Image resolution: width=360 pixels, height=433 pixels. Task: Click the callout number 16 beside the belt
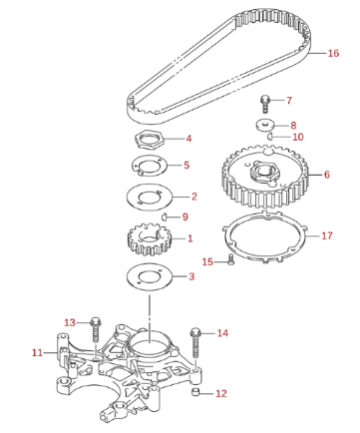point(333,53)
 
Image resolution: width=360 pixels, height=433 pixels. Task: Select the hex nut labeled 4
point(149,139)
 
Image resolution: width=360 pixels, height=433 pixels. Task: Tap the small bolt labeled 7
point(265,104)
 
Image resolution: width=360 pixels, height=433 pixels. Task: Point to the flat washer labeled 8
point(265,125)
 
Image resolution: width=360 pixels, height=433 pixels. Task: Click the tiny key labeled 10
point(270,136)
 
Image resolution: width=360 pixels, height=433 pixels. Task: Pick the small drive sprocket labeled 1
point(148,239)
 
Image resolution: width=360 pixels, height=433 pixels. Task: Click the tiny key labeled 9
point(164,216)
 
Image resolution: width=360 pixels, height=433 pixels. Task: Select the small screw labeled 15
point(231,259)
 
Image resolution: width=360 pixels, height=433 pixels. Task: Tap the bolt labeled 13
point(96,329)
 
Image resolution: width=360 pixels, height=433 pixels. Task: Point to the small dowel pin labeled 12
point(196,392)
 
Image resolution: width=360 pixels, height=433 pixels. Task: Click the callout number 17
point(327,235)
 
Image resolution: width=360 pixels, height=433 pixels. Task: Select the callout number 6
point(327,175)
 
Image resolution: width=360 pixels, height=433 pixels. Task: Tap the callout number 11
point(37,352)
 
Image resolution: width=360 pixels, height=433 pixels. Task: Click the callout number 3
point(191,276)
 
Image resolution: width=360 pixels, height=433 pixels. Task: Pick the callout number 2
point(194,197)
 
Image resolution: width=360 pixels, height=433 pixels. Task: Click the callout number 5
point(186,165)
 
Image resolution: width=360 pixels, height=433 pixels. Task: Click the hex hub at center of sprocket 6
point(264,172)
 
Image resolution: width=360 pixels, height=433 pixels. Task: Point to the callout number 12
point(221,394)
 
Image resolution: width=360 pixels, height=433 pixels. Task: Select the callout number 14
point(222,333)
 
